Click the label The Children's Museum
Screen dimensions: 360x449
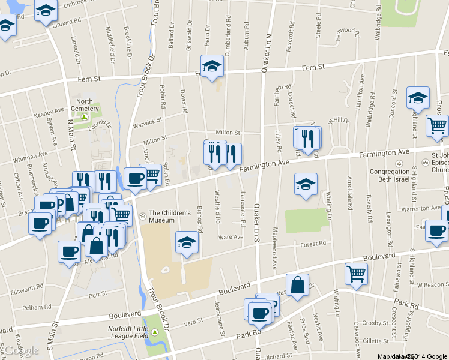169,216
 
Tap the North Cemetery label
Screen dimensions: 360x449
84,104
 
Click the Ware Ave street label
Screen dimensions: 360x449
231,237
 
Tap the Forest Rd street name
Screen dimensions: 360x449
313,244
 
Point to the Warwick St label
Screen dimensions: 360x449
148,121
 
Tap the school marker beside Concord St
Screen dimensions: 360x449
418,98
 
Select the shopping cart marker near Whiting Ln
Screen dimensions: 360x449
356,274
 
